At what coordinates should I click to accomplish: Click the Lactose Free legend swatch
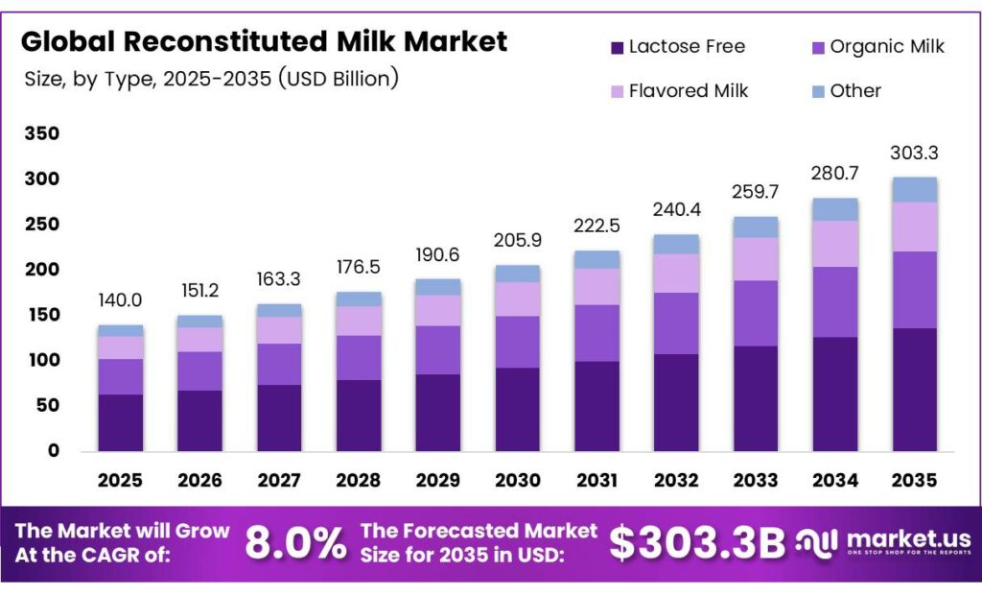(x=618, y=46)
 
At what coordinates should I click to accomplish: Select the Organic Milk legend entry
(x=887, y=46)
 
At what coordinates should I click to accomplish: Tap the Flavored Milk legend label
(x=688, y=91)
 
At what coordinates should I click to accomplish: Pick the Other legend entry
(x=855, y=91)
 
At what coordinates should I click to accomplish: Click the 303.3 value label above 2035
(x=914, y=154)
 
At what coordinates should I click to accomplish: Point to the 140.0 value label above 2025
(x=121, y=301)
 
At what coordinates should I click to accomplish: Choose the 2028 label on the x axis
(x=359, y=480)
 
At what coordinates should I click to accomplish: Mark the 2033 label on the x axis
(x=756, y=480)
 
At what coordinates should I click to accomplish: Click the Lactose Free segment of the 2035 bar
(x=914, y=390)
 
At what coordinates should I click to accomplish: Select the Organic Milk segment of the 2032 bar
(x=676, y=323)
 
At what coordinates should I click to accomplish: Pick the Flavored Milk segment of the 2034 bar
(x=834, y=244)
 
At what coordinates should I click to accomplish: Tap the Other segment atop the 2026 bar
(x=200, y=322)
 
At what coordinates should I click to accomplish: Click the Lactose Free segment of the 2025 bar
(x=121, y=422)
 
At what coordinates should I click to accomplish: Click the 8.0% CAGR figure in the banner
(x=295, y=543)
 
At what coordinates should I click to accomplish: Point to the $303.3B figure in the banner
(x=697, y=543)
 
